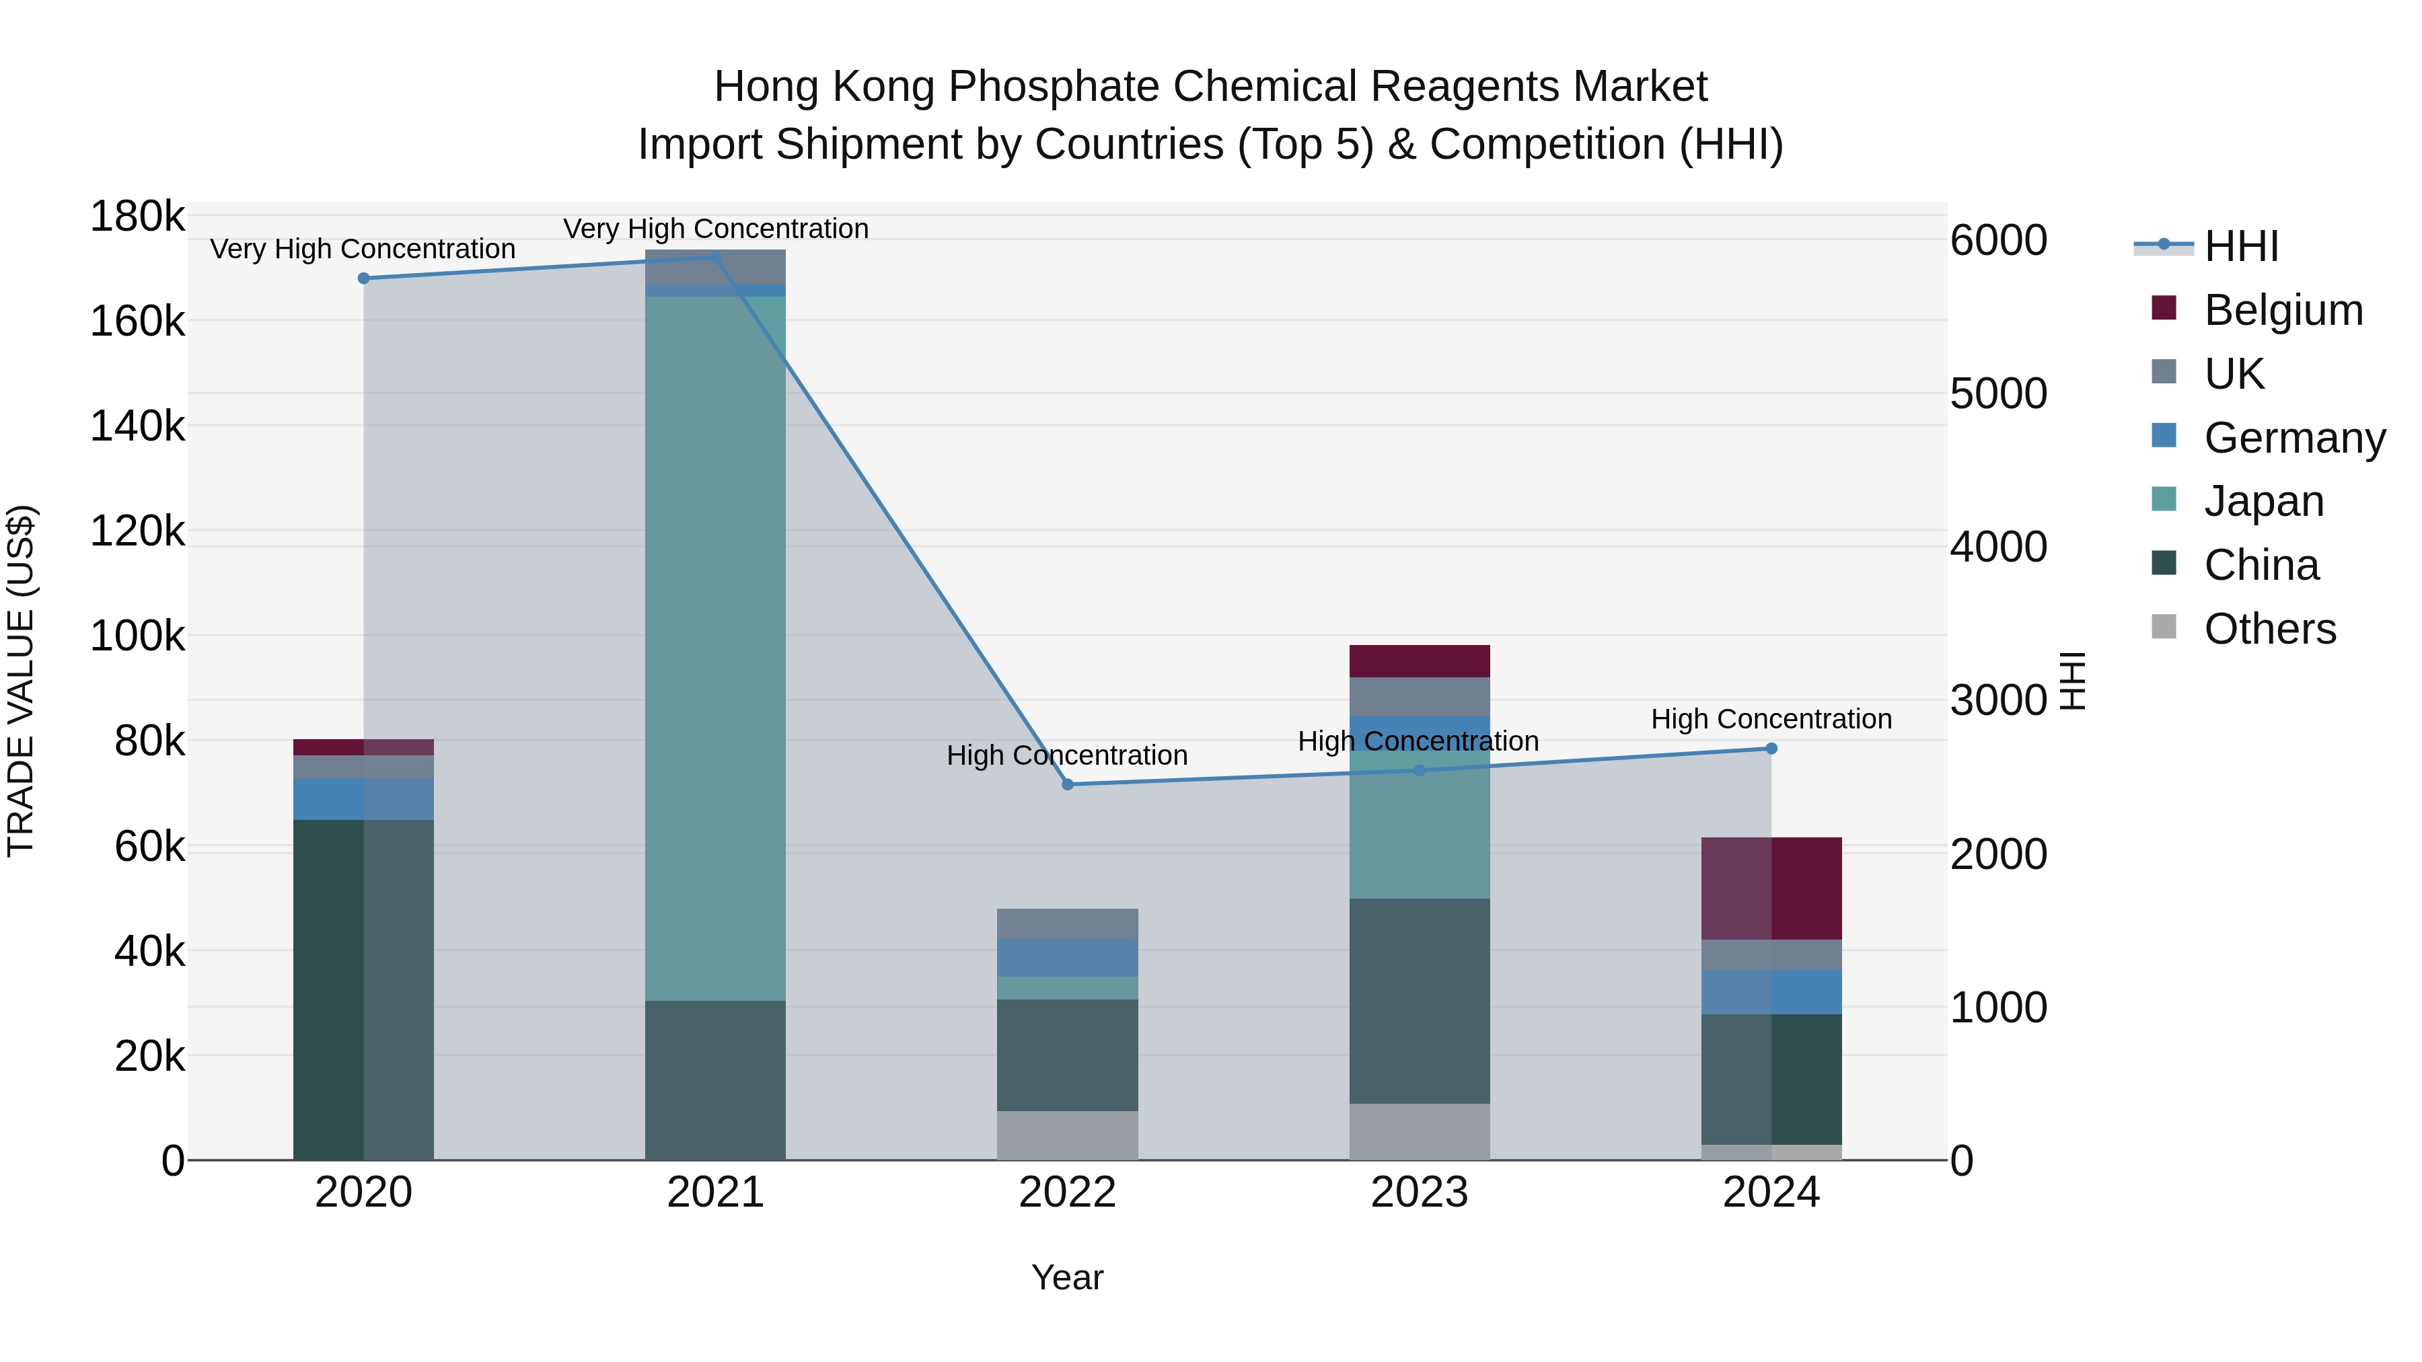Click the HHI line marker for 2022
point(1067,784)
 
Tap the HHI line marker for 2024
point(1771,748)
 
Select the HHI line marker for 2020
point(364,278)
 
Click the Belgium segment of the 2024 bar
point(1771,888)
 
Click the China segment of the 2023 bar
point(1419,1001)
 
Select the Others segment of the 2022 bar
point(1067,1135)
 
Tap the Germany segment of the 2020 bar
point(364,799)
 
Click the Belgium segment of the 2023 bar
point(1419,660)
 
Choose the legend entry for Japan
point(2263,501)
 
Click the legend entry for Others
point(2269,629)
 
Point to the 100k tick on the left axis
point(137,636)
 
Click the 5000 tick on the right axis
point(1998,394)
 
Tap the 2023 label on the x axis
point(1419,1193)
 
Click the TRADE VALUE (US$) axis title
point(21,681)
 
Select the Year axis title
point(1067,1277)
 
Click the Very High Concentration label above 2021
point(716,229)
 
